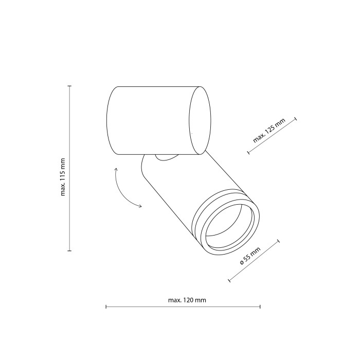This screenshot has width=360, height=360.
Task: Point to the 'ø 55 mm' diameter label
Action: (250, 256)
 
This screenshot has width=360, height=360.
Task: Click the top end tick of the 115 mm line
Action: (69, 86)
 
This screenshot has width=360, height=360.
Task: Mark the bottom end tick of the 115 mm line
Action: (69, 251)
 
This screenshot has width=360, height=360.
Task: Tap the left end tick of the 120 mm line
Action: (106, 307)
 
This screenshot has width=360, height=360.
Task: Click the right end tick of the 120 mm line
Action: (260, 307)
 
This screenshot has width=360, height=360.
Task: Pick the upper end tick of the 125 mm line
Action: (296, 119)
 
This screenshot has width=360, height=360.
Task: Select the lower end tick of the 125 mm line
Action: (248, 152)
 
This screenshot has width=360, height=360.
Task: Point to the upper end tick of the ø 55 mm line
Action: (278, 241)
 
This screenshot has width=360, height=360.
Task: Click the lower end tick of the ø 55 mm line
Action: (228, 281)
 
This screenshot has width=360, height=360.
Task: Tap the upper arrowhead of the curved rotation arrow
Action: (116, 169)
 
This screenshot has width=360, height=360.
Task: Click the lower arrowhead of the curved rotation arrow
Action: (140, 207)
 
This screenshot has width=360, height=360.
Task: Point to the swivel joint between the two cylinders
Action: (166, 157)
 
